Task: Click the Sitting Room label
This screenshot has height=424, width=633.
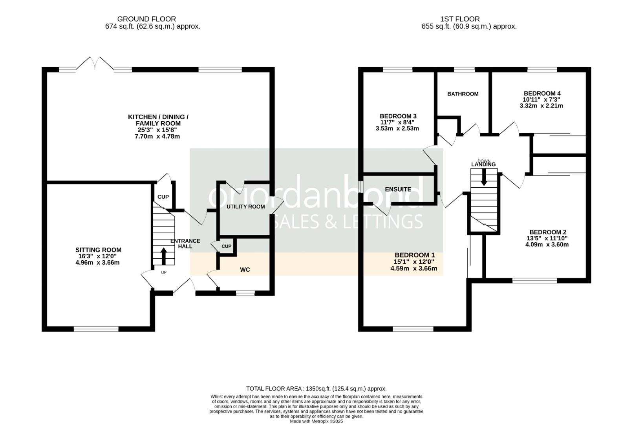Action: pos(98,250)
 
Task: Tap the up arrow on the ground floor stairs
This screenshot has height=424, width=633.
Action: pos(163,256)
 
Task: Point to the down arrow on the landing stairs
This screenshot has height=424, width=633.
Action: pos(484,177)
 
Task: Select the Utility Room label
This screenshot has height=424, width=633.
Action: pos(245,207)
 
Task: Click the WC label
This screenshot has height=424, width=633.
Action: pos(245,270)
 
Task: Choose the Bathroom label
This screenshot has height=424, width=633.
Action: pos(463,94)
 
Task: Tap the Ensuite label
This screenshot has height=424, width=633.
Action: pos(398,189)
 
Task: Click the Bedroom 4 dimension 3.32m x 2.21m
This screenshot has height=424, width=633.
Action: pos(541,106)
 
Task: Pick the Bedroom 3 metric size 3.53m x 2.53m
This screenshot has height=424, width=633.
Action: pos(397,128)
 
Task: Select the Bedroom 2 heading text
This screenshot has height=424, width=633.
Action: pos(548,232)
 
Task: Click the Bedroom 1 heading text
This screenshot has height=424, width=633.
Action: pos(415,255)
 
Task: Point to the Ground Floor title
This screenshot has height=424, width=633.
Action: pos(146,19)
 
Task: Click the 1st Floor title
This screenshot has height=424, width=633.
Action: pos(460,19)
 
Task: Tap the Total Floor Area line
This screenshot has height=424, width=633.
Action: pos(316,389)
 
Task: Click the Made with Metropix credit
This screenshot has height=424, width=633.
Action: pos(316,421)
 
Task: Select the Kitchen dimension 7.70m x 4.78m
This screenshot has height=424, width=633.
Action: pos(157,137)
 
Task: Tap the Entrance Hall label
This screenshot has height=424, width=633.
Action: pos(185,243)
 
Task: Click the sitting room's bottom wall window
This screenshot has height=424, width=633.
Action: pos(96,329)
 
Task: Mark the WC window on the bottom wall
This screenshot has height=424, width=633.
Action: pos(245,294)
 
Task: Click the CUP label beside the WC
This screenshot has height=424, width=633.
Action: pos(226,246)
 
